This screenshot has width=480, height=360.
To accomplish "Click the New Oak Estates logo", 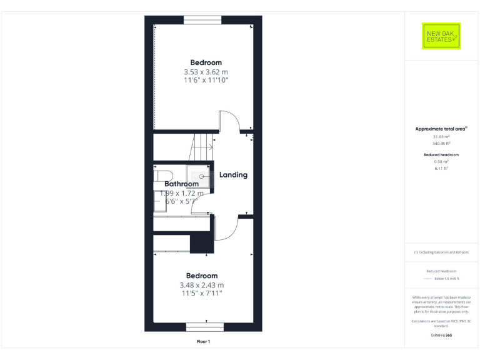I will click(441, 36).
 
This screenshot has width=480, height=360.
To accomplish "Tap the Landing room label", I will click(233, 175).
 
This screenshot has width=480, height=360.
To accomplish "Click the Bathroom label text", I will click(181, 184).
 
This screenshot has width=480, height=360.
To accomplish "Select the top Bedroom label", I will click(206, 62).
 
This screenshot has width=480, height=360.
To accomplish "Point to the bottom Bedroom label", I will click(202, 276).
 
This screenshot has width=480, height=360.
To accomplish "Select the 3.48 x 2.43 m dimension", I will click(202, 285).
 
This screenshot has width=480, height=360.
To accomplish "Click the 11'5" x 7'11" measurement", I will click(202, 293).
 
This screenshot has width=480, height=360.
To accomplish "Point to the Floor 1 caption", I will click(203, 342).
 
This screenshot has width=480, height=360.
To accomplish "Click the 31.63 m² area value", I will click(441, 136).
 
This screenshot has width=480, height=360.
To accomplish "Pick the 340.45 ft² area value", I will click(441, 142).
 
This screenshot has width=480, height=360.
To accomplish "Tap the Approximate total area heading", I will click(441, 129).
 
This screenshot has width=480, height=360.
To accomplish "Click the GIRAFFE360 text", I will click(441, 336).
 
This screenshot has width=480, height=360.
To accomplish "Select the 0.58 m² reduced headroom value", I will click(441, 161).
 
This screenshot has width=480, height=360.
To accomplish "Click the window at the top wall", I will click(202, 20).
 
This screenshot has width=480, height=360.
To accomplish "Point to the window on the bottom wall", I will click(204, 326).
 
